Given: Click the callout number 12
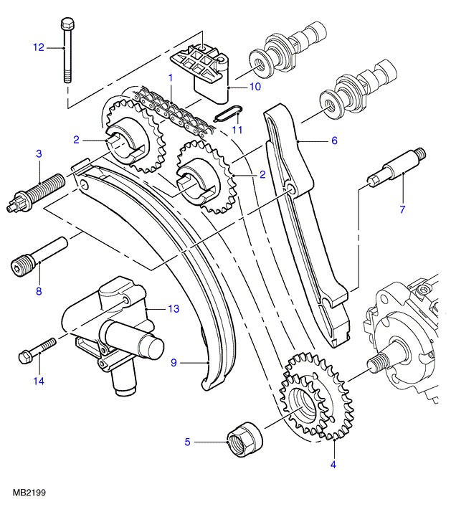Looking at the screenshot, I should [38, 47].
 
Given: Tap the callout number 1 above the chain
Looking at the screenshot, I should [171, 76].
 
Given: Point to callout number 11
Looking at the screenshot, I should [237, 130].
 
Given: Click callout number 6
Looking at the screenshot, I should [333, 141].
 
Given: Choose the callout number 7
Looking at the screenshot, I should [402, 209].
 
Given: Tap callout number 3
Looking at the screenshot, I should [39, 153].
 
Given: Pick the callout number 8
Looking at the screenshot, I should [39, 291].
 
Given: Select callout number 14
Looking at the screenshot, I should [39, 381].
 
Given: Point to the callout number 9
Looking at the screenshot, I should [173, 363].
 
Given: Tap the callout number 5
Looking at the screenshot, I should [188, 442].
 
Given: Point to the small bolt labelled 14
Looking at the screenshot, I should [37, 351].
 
